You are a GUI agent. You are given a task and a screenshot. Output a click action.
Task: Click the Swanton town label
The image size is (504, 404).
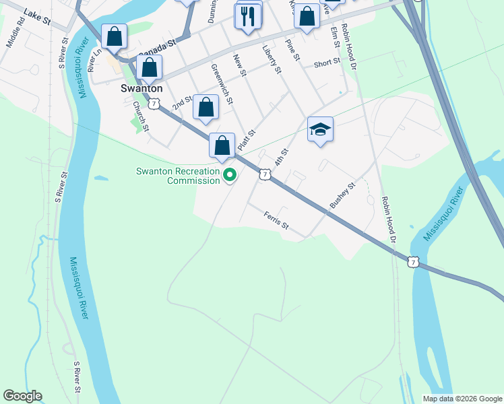point(141,88)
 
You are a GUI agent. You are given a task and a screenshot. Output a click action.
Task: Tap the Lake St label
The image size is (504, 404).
point(37,17)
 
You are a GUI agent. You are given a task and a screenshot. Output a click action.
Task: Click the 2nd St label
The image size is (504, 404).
point(182,103)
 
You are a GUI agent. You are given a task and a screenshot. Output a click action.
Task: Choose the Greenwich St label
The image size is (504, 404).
point(222,83)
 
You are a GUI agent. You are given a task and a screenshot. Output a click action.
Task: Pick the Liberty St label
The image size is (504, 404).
point(272,56)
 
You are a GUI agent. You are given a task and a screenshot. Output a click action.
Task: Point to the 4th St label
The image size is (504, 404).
point(282,158)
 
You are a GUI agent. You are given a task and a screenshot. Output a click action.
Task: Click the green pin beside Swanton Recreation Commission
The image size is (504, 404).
point(230,176)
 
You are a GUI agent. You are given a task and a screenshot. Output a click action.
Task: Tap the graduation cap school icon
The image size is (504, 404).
point(321,129)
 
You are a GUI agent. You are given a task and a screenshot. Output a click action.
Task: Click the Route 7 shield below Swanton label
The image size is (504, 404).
point(154,104)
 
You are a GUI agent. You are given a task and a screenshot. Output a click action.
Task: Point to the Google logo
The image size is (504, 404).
point(22,396)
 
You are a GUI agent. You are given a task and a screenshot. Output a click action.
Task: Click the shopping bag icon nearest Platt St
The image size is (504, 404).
point(222,145)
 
